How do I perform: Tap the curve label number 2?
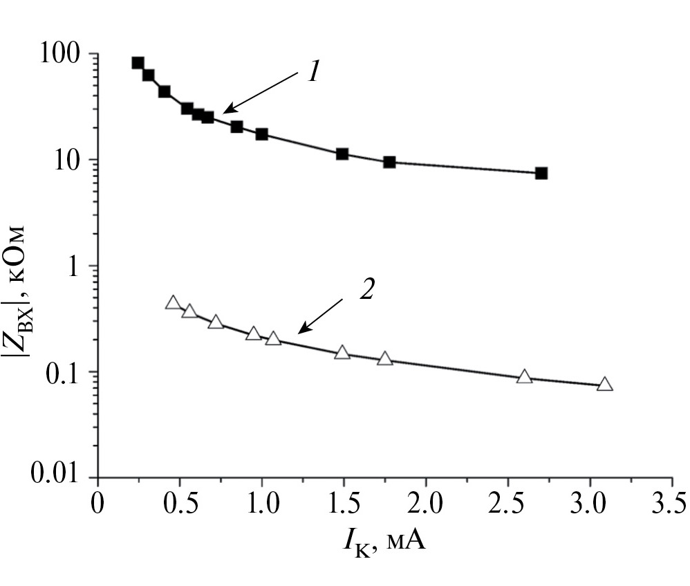[366, 289]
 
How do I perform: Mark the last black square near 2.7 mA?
[541, 173]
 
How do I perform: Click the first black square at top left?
[138, 63]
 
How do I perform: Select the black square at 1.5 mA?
[342, 154]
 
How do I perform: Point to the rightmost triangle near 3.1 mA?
[605, 385]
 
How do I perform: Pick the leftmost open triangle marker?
[173, 303]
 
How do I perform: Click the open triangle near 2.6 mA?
[525, 377]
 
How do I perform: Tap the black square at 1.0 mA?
[262, 134]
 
